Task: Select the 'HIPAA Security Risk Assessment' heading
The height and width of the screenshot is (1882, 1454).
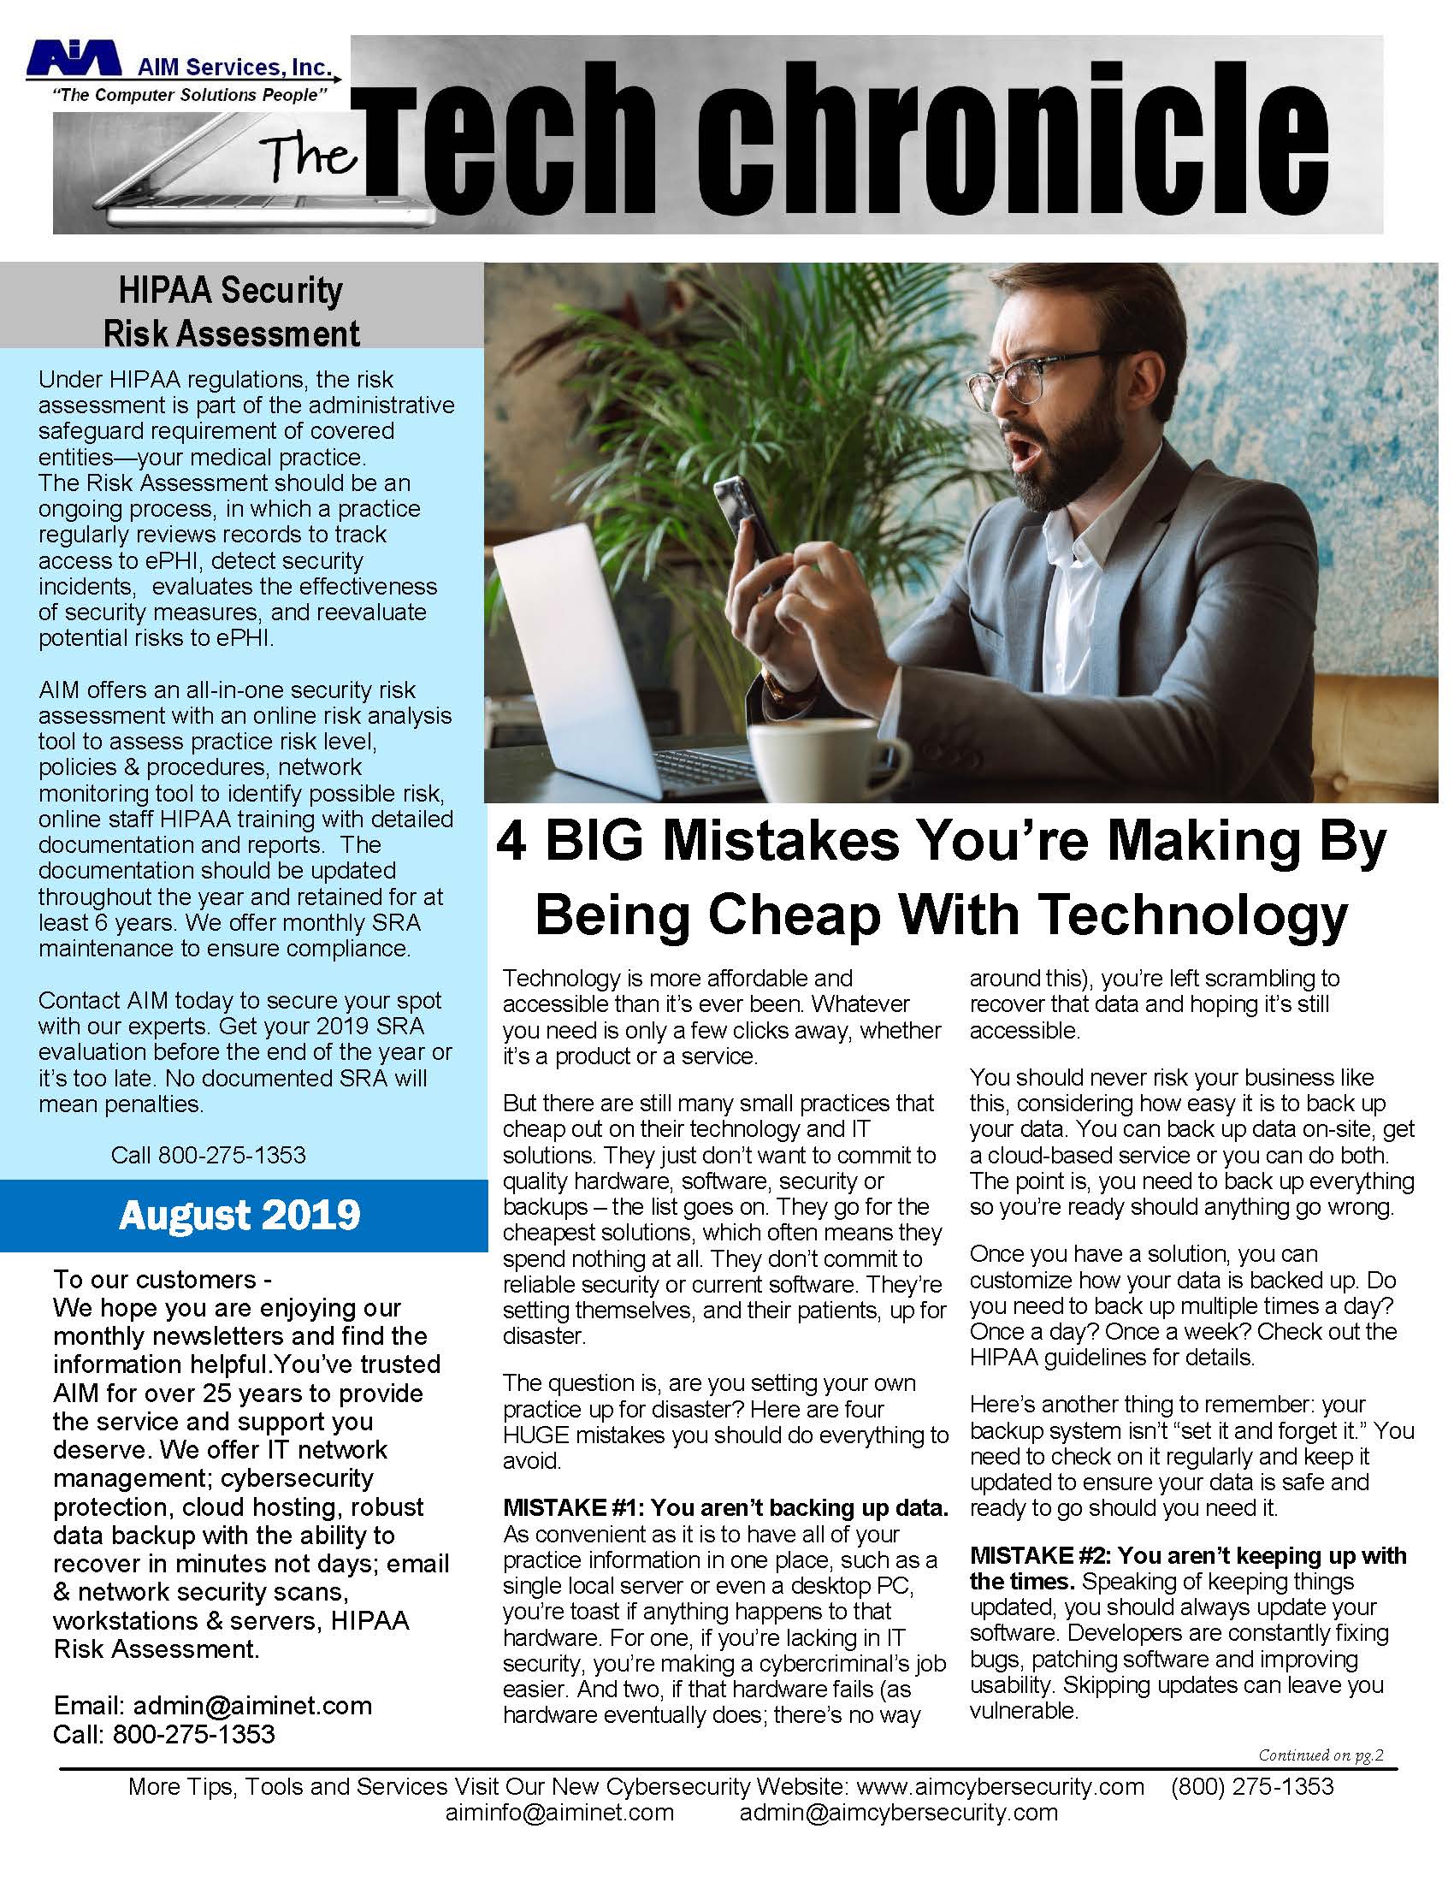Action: tap(231, 311)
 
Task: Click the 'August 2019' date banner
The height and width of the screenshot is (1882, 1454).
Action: tap(240, 1215)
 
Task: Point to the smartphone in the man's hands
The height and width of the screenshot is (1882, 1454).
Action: tap(743, 524)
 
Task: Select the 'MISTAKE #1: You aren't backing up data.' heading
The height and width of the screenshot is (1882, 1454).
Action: tap(724, 1507)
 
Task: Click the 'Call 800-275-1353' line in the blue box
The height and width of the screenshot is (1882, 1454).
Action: tap(208, 1155)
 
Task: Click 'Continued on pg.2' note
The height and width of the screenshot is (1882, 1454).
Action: tap(1320, 1755)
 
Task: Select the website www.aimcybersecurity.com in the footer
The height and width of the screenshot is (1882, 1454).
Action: tap(1000, 1786)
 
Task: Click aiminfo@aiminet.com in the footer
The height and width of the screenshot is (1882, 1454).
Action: tap(559, 1812)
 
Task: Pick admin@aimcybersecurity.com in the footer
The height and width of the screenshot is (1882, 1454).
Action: tap(897, 1812)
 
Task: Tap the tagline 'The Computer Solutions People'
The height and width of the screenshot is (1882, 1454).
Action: tap(190, 95)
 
